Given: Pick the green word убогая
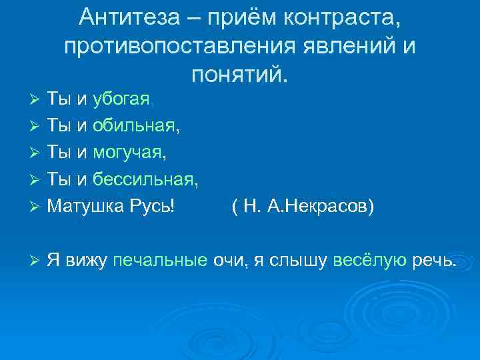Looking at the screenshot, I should click(x=121, y=100).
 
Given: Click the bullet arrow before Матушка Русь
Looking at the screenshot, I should click(x=37, y=207).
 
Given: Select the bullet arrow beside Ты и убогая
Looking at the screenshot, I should click(x=37, y=101).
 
